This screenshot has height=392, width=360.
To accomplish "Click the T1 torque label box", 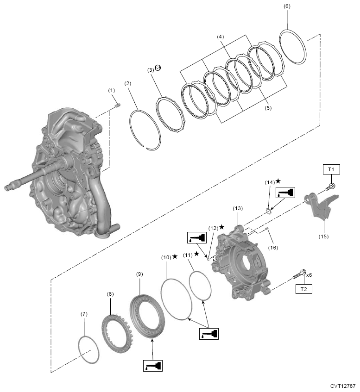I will click(x=331, y=170).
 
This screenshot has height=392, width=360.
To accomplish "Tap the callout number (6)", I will click(x=287, y=7).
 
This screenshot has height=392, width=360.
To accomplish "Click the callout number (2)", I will click(x=128, y=83).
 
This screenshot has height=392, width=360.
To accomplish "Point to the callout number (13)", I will click(x=238, y=209).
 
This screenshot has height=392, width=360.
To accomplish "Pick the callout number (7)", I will click(x=84, y=314).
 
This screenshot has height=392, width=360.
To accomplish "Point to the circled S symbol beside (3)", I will click(x=158, y=68).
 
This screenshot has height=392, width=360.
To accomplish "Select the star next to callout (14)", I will click(x=278, y=181).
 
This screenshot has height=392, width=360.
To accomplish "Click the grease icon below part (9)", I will click(x=152, y=366).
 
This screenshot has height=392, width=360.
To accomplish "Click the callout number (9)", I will click(x=139, y=274).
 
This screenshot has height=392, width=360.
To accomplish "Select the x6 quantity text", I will click(x=309, y=274).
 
